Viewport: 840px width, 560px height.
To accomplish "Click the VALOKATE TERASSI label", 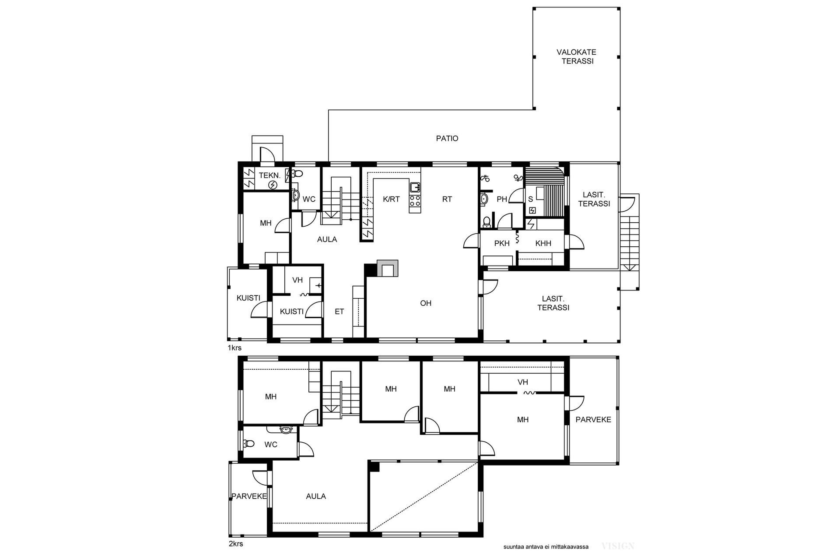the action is tap(577, 56).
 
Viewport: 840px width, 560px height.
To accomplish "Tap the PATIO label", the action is tap(447, 139).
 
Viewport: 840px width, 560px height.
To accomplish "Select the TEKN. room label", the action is tap(269, 175).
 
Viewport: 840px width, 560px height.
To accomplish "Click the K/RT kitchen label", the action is tap(391, 199).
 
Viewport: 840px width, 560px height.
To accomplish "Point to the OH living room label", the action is tap(426, 303).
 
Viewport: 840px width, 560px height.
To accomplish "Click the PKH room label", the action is tap(502, 244).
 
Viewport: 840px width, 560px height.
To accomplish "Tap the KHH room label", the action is tap(543, 244).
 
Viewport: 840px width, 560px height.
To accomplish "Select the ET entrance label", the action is tap(339, 312).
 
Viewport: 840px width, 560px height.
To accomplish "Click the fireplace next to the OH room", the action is tap(388, 269).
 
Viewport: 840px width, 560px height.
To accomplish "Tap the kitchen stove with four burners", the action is tap(415, 201).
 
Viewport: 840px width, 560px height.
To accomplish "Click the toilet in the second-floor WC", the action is tap(249, 444).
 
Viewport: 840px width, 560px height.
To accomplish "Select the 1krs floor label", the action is tap(234, 348).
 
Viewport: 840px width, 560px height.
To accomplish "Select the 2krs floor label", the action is tap(236, 544).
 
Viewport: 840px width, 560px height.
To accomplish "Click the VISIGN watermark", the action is tap(618, 546).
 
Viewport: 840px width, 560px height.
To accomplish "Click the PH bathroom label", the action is tap(502, 199).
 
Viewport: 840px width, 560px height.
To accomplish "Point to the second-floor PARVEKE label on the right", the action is tap(593, 420).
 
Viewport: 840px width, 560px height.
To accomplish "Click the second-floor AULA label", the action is tap(316, 497).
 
